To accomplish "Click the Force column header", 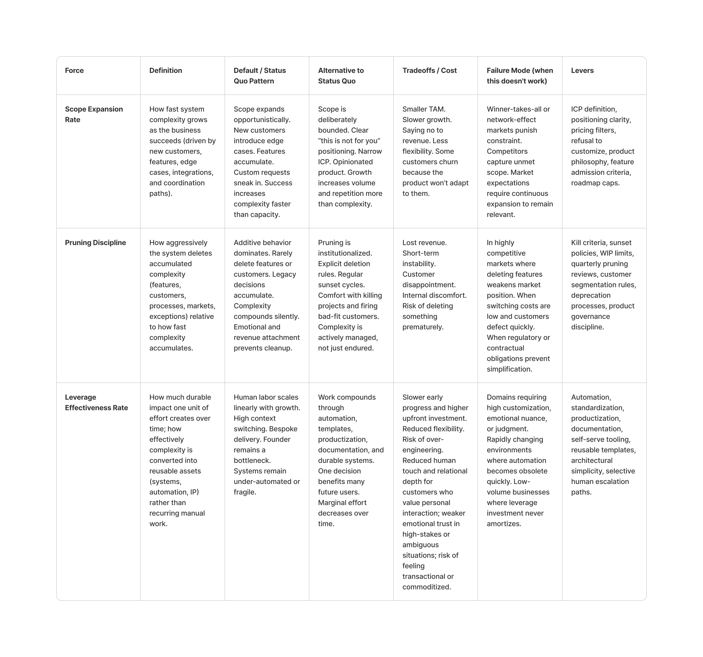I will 74,70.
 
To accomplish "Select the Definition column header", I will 165,70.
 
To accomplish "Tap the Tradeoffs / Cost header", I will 429,70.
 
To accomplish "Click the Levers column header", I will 582,70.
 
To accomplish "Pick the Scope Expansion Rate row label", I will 94,114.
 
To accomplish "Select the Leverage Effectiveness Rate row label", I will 96,402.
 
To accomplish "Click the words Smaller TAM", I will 424,109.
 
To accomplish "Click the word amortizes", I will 504,523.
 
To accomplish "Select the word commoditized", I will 426,587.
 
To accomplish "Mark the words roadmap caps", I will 595,183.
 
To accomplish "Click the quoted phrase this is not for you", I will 349,141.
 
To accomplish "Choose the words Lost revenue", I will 424,242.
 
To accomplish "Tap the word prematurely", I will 423,327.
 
